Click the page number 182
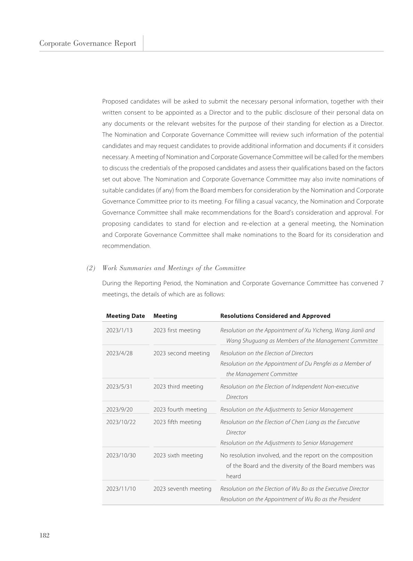pyautogui.click(x=44, y=535)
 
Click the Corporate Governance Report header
pyautogui.click(x=87, y=43)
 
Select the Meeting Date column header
pyautogui.click(x=125, y=316)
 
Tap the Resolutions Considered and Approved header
pyautogui.click(x=275, y=316)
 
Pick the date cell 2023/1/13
pyautogui.click(x=119, y=330)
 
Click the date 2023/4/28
pyautogui.click(x=119, y=353)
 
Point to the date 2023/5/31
pyautogui.click(x=119, y=387)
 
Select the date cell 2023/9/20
pyautogui.click(x=119, y=410)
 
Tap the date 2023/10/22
pyautogui.click(x=121, y=422)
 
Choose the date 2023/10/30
pyautogui.click(x=121, y=455)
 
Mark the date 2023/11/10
pyautogui.click(x=121, y=489)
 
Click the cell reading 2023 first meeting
pyautogui.click(x=177, y=330)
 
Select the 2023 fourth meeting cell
pyautogui.click(x=180, y=410)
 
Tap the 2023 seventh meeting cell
pyautogui.click(x=182, y=489)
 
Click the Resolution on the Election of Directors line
pyautogui.click(x=267, y=353)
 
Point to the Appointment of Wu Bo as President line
pyautogui.click(x=290, y=499)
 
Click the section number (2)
pyautogui.click(x=91, y=268)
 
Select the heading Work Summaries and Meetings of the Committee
pyautogui.click(x=174, y=268)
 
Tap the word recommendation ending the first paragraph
pyautogui.click(x=126, y=246)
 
